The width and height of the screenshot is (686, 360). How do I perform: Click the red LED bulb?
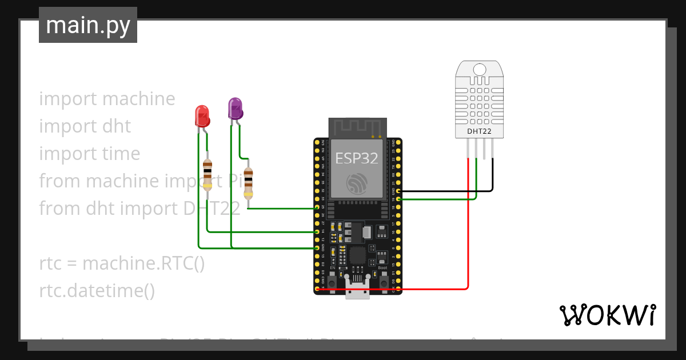[202, 116]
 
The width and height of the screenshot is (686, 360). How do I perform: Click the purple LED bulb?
[235, 108]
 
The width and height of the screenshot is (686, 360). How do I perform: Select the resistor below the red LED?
[208, 174]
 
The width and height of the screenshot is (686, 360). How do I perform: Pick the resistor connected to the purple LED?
[248, 183]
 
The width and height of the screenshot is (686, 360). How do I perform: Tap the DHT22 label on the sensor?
[478, 131]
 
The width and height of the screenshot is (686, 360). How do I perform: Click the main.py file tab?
[88, 25]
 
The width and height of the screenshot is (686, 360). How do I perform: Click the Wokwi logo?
[607, 315]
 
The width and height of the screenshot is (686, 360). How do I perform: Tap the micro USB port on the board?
[358, 289]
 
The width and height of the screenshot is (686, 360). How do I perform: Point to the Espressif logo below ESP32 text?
[357, 183]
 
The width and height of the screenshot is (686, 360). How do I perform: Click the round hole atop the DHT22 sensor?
[479, 70]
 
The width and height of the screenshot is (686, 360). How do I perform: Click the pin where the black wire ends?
[398, 191]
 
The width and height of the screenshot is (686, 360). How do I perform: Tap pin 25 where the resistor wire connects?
[317, 208]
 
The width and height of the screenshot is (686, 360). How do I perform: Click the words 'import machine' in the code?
[107, 99]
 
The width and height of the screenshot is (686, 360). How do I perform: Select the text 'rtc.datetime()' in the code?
[97, 291]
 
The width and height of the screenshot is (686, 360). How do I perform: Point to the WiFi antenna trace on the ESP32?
[357, 127]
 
